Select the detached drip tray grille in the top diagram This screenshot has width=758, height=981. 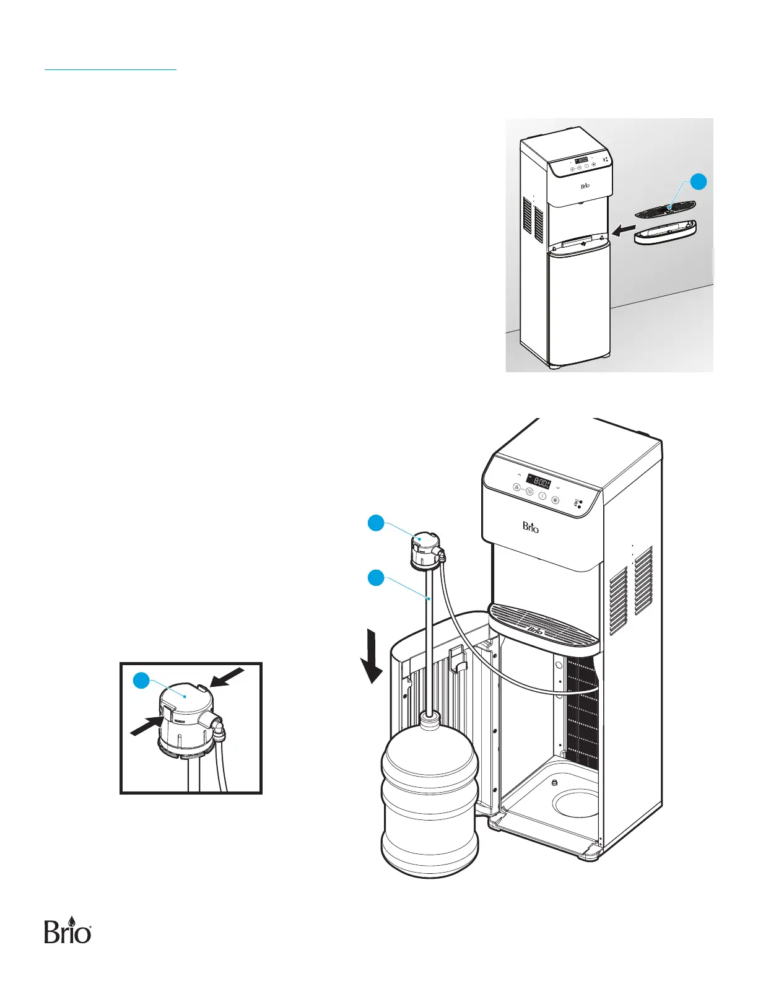click(x=665, y=208)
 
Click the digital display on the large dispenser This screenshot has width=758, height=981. click(x=538, y=482)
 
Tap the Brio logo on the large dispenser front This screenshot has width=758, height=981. click(x=531, y=527)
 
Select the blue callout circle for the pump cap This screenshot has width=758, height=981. click(x=375, y=523)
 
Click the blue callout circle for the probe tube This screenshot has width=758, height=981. click(x=375, y=578)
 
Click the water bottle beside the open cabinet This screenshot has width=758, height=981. click(x=430, y=799)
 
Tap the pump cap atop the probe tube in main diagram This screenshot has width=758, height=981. click(x=422, y=549)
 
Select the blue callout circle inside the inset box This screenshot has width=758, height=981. click(x=142, y=680)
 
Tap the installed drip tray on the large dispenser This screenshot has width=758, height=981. click(x=544, y=626)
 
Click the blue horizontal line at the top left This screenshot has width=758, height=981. click(x=110, y=70)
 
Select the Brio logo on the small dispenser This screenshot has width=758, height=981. click(x=585, y=186)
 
